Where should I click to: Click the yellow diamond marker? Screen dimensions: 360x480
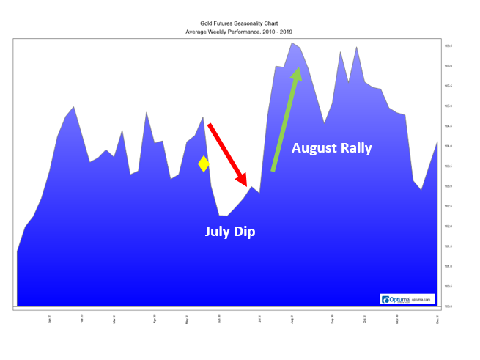(x=204, y=164)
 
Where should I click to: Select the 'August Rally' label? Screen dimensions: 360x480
(x=331, y=148)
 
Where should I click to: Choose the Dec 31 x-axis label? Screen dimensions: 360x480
(x=437, y=319)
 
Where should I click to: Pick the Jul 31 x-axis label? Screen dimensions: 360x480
(x=259, y=319)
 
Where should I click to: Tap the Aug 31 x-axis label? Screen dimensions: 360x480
(x=292, y=319)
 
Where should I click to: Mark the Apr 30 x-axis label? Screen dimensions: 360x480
(x=155, y=319)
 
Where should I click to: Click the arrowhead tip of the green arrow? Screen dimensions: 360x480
(x=298, y=69)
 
